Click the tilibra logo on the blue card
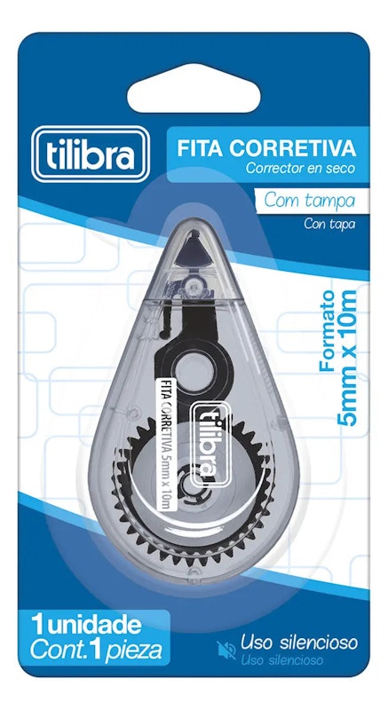pos(91,154)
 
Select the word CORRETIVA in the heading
pos(292,148)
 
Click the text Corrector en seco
pos(300,169)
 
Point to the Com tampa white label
pos(310,201)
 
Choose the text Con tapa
pos(329,224)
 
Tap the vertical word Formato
pos(328,330)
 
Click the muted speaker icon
pos(226,650)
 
